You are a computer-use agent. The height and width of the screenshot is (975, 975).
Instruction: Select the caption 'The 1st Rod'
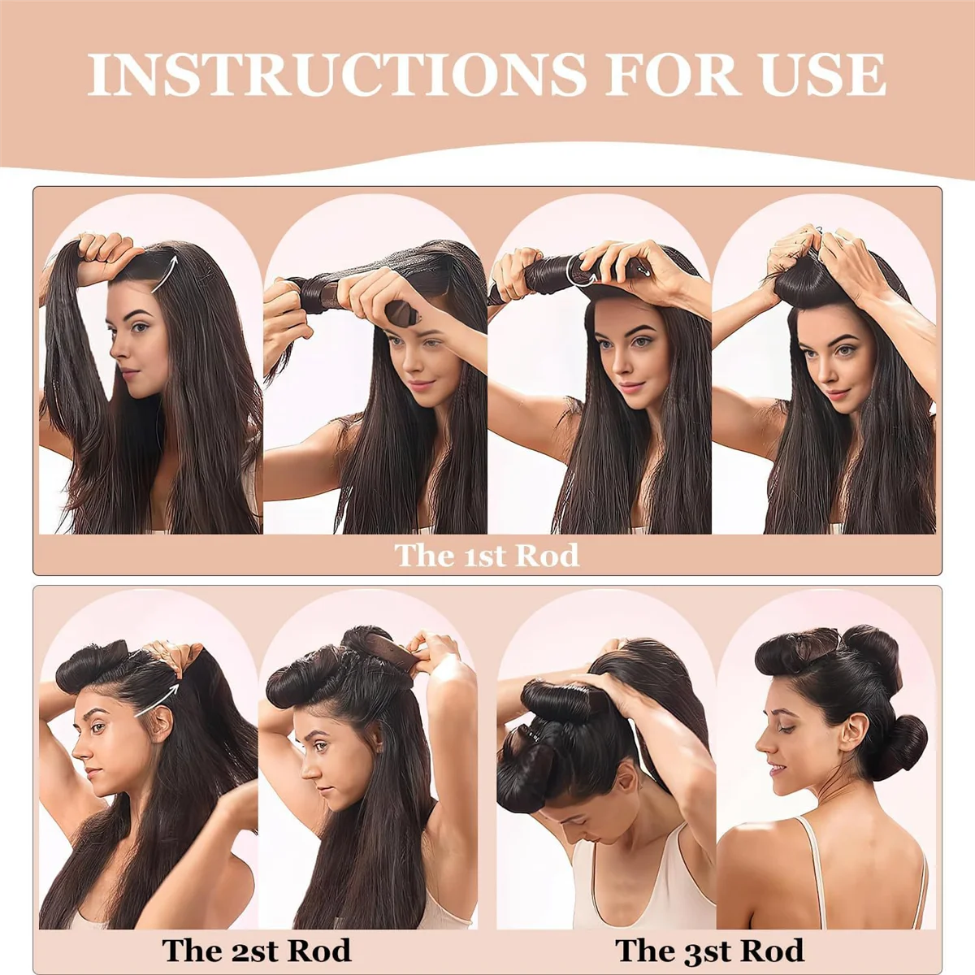click(x=487, y=556)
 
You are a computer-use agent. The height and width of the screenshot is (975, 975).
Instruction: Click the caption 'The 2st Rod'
click(x=256, y=950)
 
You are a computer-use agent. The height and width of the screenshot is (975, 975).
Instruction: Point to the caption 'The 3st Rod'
click(x=708, y=950)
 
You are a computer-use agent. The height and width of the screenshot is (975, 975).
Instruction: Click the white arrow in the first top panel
click(x=165, y=274)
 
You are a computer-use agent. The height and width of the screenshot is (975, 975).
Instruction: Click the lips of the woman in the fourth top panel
click(x=836, y=395)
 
